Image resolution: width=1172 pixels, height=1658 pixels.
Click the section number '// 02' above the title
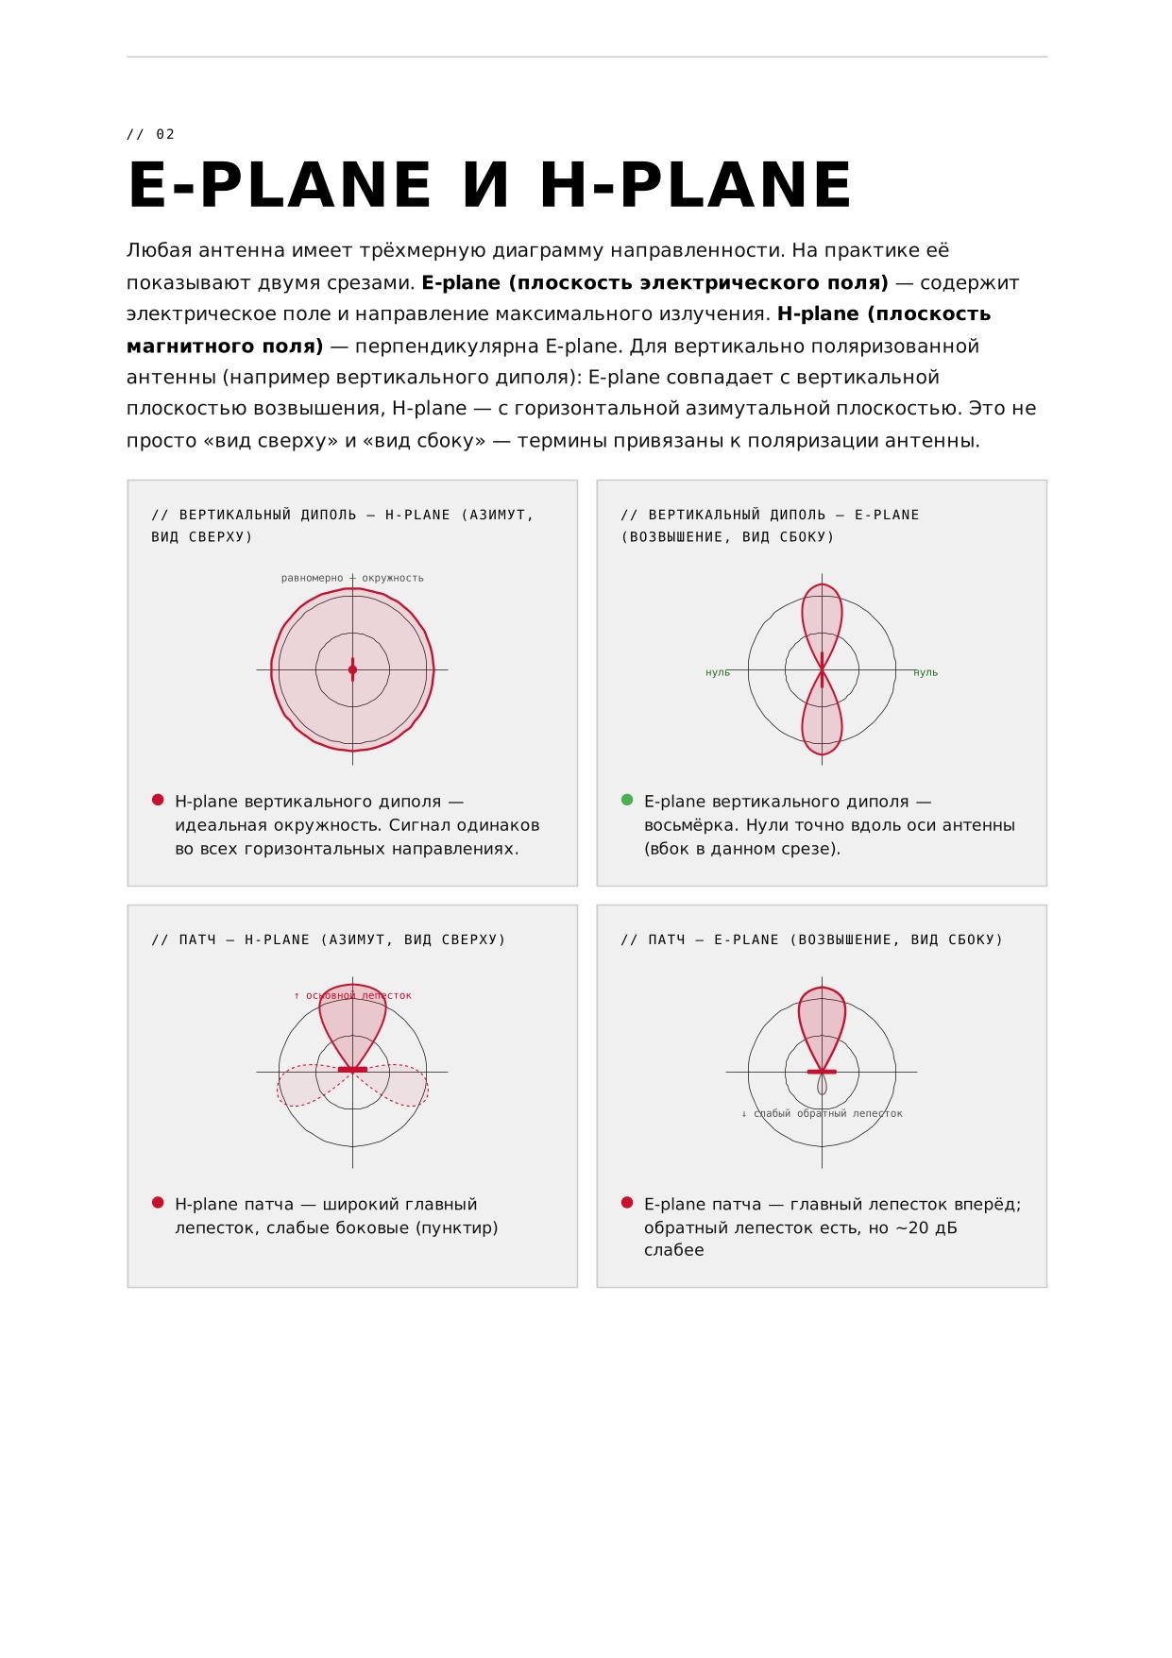pyautogui.click(x=151, y=134)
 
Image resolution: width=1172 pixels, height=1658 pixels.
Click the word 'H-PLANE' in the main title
pyautogui.click(x=696, y=185)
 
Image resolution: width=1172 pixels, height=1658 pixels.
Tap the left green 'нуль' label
pyautogui.click(x=718, y=672)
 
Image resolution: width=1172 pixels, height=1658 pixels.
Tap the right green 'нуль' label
pyautogui.click(x=926, y=672)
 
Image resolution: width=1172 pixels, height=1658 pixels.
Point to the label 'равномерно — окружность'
pyautogui.click(x=352, y=578)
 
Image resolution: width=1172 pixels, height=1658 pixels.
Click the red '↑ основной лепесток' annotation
pyautogui.click(x=352, y=995)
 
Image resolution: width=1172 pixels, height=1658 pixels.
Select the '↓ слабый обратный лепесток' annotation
pyautogui.click(x=822, y=1113)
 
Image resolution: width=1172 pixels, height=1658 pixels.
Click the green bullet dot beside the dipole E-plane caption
pyautogui.click(x=627, y=800)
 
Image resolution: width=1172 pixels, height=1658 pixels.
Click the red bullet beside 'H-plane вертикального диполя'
pyautogui.click(x=158, y=800)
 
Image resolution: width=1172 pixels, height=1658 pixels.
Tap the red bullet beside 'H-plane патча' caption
pyautogui.click(x=158, y=1203)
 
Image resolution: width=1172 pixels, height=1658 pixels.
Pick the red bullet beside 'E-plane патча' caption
pyautogui.click(x=627, y=1203)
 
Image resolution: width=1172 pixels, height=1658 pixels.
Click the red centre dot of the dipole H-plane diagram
pyautogui.click(x=352, y=669)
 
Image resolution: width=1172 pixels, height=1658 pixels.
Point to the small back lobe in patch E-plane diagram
pyautogui.click(x=822, y=1085)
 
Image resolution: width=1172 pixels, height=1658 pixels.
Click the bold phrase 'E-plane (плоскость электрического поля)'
pyautogui.click(x=654, y=282)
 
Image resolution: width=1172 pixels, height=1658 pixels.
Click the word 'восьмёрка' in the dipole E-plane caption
pyautogui.click(x=690, y=825)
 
